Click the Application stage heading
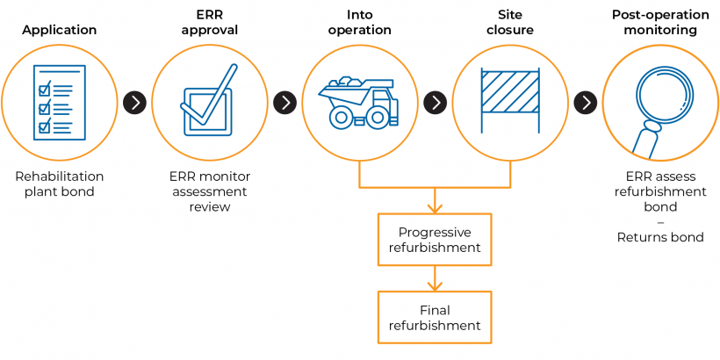click(60, 30)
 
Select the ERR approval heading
click(209, 23)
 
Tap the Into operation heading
click(359, 23)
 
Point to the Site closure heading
click(510, 23)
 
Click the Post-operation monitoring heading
click(660, 23)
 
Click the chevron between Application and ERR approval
click(134, 103)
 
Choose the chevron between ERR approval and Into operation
click(284, 103)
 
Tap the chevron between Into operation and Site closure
click(435, 103)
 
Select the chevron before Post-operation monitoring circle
click(586, 103)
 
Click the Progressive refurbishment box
click(435, 240)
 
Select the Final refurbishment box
click(435, 317)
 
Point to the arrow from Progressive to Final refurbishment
click(435, 279)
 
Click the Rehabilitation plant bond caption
click(59, 184)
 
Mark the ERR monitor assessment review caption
click(209, 191)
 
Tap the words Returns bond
click(660, 237)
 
